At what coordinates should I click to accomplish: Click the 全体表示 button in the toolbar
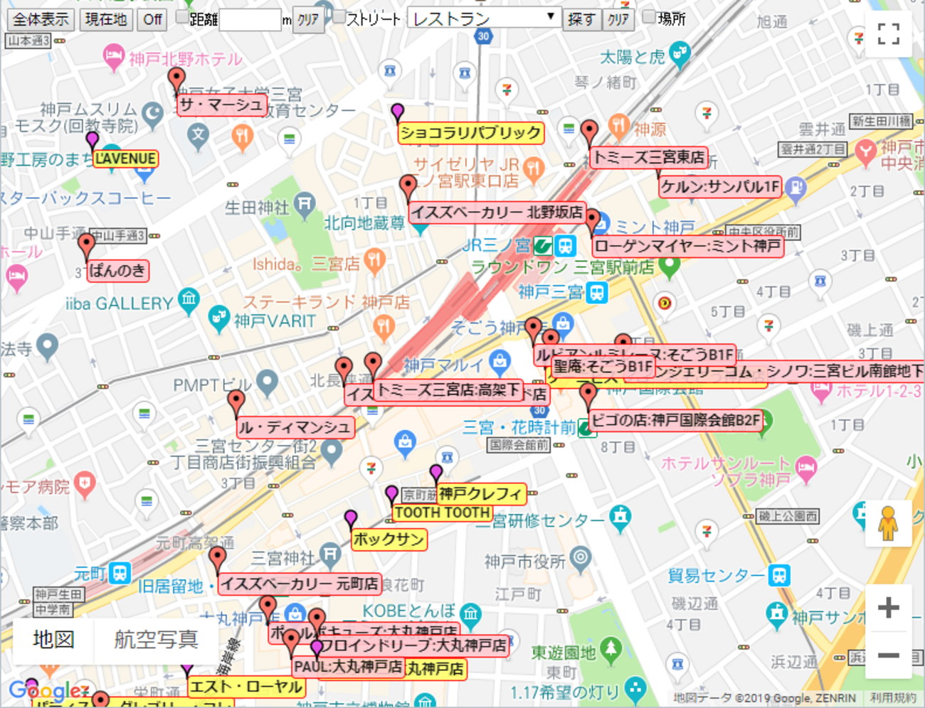[41, 19]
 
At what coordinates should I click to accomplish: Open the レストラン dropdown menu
[484, 18]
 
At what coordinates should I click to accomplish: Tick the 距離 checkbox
[182, 17]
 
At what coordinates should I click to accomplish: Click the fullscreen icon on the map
[888, 33]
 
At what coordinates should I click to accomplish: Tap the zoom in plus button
[888, 608]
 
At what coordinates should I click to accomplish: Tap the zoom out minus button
[888, 655]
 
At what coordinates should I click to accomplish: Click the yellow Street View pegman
[887, 524]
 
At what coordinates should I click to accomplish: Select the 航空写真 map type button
[156, 640]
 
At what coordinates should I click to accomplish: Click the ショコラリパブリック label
[470, 133]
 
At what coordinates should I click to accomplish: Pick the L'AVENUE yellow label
[125, 159]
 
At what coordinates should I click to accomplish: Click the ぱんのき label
[117, 271]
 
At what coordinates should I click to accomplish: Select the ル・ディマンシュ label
[295, 427]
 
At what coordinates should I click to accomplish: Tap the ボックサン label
[388, 540]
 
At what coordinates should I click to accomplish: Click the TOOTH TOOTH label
[442, 513]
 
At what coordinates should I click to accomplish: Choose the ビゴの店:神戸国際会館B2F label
[675, 420]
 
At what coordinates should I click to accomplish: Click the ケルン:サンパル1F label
[720, 187]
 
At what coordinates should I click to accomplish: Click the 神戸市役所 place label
[525, 562]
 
